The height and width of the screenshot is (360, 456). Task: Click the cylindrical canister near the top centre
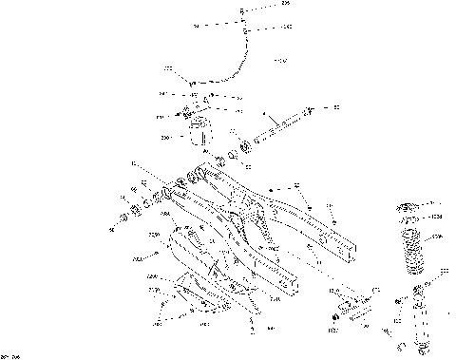199,132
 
